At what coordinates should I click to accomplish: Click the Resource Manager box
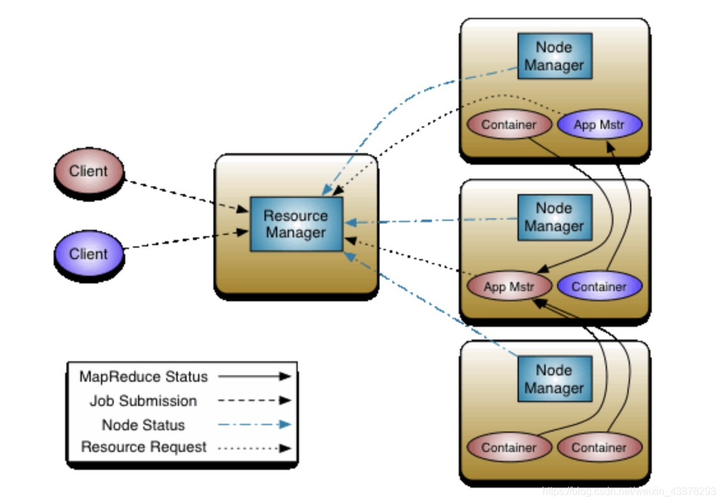pyautogui.click(x=296, y=224)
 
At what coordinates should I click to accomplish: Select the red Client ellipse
pyautogui.click(x=88, y=172)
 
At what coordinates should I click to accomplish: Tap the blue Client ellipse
pyautogui.click(x=88, y=254)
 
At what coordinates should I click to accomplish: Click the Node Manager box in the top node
pyautogui.click(x=554, y=56)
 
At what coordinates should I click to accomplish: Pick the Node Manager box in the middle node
pyautogui.click(x=554, y=217)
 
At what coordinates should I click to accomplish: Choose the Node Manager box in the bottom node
pyautogui.click(x=554, y=379)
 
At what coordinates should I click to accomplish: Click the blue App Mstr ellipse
pyautogui.click(x=599, y=124)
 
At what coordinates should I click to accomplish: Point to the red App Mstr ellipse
pyautogui.click(x=509, y=287)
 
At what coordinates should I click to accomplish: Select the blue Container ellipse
pyautogui.click(x=599, y=287)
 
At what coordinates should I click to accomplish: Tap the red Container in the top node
pyautogui.click(x=509, y=124)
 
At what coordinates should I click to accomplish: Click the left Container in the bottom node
pyautogui.click(x=509, y=447)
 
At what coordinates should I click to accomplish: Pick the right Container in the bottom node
pyautogui.click(x=599, y=447)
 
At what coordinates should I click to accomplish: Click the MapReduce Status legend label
pyautogui.click(x=143, y=377)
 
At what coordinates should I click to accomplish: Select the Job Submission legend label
pyautogui.click(x=143, y=401)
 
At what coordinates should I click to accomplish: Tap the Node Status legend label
pyautogui.click(x=143, y=425)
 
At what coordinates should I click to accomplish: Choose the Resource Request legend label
pyautogui.click(x=143, y=447)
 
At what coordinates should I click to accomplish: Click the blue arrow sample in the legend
pyautogui.click(x=254, y=424)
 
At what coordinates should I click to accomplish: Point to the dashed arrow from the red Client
pyautogui.click(x=185, y=195)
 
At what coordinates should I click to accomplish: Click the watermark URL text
pyautogui.click(x=629, y=492)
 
